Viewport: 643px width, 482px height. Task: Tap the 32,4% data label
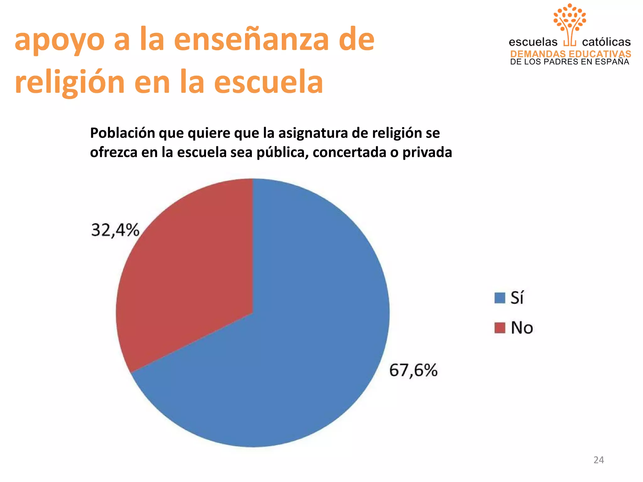pyautogui.click(x=115, y=230)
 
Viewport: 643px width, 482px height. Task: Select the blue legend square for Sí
pyautogui.click(x=500, y=298)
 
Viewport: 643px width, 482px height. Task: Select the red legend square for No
pyautogui.click(x=500, y=328)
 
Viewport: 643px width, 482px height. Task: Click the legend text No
pyautogui.click(x=522, y=328)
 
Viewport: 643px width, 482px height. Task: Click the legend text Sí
pyautogui.click(x=517, y=297)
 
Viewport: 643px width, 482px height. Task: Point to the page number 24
pyautogui.click(x=598, y=460)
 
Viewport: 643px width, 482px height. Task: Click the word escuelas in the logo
pyautogui.click(x=533, y=42)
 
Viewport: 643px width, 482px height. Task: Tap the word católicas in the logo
pyautogui.click(x=606, y=42)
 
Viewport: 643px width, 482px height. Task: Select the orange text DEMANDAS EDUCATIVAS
pyautogui.click(x=570, y=54)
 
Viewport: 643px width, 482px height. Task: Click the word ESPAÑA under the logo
pyautogui.click(x=613, y=62)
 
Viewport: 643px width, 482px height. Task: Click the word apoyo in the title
pyautogui.click(x=60, y=40)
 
